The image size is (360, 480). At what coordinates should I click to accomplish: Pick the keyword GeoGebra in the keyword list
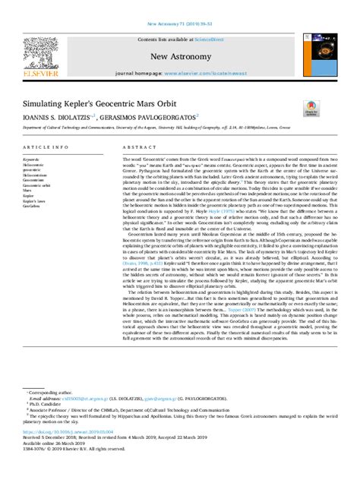pos(32,205)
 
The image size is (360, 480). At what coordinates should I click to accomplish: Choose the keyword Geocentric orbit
pos(37,184)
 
